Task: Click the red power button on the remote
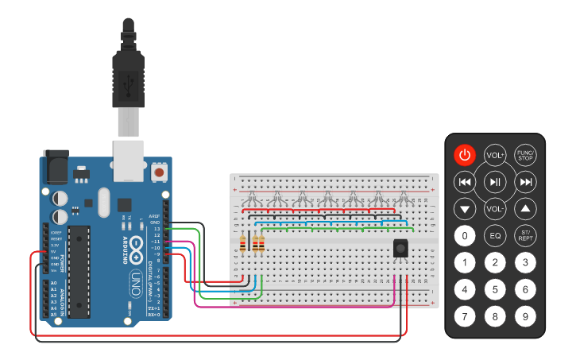(465, 155)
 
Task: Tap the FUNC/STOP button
(525, 155)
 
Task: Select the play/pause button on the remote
(495, 182)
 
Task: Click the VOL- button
(495, 209)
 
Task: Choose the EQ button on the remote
(495, 236)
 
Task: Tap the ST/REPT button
(525, 236)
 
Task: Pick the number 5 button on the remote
(495, 289)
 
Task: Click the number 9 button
(525, 317)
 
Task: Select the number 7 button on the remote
(465, 317)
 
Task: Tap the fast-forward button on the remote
(525, 182)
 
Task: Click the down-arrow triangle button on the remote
(465, 209)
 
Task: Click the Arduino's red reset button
(160, 172)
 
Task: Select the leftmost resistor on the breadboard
(243, 244)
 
